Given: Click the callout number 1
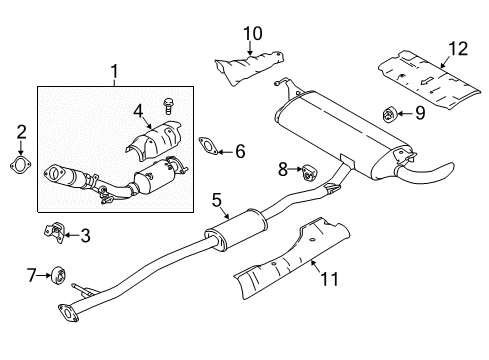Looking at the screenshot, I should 114,72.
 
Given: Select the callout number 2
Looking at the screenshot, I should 21,130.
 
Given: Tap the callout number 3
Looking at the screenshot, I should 86,236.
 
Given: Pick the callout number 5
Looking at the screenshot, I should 216,200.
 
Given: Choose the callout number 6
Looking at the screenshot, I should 239,151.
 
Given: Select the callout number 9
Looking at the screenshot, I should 419,112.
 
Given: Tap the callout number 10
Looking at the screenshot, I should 252,33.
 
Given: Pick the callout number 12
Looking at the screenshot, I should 457,48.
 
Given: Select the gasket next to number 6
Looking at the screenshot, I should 208,146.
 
